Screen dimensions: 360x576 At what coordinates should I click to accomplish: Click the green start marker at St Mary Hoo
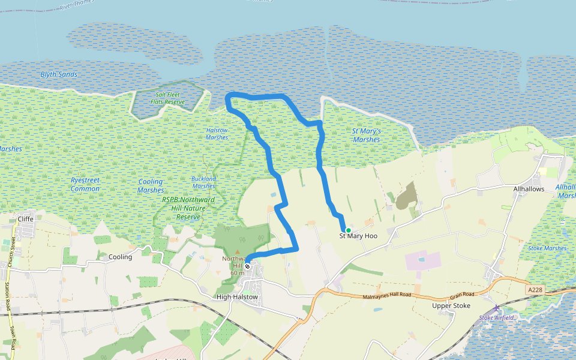(348, 230)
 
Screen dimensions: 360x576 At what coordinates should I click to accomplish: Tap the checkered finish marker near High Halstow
(247, 266)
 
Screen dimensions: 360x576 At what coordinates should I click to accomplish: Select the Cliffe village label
(26, 219)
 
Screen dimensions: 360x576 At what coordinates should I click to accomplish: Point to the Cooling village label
(120, 257)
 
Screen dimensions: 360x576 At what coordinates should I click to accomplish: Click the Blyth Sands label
(59, 74)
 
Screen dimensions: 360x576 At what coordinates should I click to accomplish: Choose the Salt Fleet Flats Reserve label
(167, 98)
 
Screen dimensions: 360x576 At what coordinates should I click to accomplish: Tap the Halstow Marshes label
(217, 134)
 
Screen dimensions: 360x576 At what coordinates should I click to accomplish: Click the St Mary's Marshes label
(366, 135)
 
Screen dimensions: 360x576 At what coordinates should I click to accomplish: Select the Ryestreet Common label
(85, 184)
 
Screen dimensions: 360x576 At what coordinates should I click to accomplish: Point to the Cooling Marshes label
(151, 185)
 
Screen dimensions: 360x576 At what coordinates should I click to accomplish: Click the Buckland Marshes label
(203, 182)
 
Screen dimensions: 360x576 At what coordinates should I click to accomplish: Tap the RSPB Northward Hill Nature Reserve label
(188, 208)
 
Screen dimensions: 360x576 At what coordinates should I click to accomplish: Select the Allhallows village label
(529, 189)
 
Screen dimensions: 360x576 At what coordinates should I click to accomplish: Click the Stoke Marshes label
(547, 248)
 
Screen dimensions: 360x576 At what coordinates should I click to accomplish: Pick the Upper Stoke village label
(451, 305)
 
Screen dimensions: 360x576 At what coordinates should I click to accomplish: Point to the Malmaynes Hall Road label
(387, 296)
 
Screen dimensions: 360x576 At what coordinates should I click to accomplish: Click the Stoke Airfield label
(497, 317)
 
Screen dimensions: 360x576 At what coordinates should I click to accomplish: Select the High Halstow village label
(237, 297)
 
